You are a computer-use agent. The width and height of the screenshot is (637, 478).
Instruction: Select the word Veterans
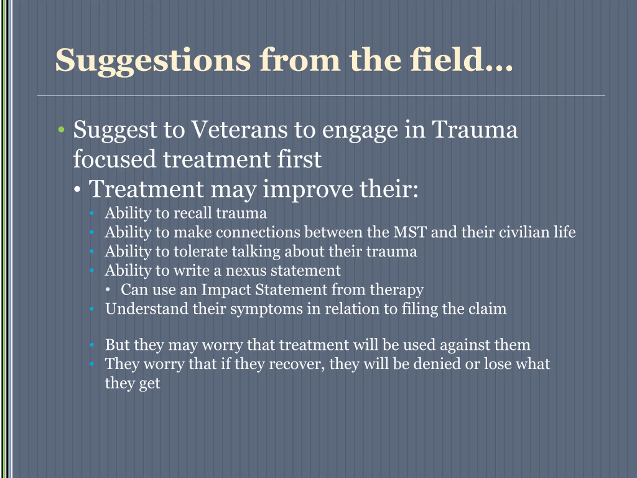[240, 130]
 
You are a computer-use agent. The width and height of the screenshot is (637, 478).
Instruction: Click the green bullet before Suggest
[61, 130]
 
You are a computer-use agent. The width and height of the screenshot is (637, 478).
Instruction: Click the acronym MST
[410, 232]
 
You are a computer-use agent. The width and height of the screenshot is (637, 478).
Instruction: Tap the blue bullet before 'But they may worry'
[92, 345]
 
